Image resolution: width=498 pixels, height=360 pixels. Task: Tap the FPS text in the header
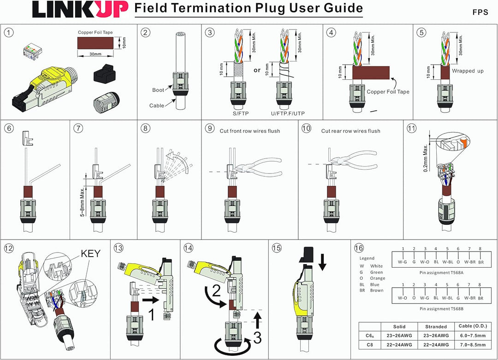(480, 12)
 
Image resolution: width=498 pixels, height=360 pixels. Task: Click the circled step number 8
(146, 128)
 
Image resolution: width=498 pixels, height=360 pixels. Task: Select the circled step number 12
(9, 248)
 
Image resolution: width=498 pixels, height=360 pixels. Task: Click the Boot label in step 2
(158, 90)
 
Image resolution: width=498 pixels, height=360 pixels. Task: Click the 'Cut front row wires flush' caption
(249, 131)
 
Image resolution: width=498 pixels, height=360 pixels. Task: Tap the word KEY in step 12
(92, 253)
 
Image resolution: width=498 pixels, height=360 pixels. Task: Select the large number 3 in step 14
(257, 338)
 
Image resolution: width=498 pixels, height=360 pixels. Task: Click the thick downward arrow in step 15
(322, 260)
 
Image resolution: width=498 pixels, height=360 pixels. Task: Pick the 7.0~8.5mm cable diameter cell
(473, 345)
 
